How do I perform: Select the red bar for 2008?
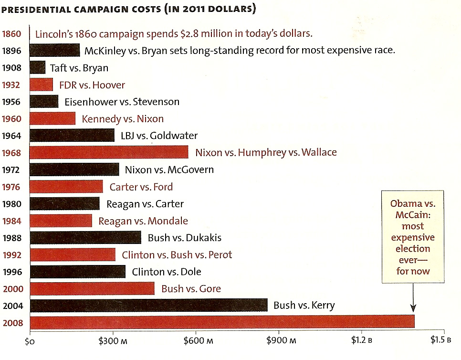[222, 322]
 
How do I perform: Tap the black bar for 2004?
[148, 306]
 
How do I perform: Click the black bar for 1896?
[55, 51]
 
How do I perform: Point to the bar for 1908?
[38, 68]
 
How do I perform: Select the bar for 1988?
[85, 238]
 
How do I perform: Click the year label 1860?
[11, 34]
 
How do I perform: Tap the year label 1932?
[11, 85]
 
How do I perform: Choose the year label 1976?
[11, 187]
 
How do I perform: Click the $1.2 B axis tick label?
[361, 341]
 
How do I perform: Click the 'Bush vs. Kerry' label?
[304, 306]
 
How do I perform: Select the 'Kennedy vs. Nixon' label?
[123, 119]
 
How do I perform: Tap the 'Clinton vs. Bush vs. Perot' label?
[177, 255]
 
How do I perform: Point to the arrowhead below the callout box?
[413, 310]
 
